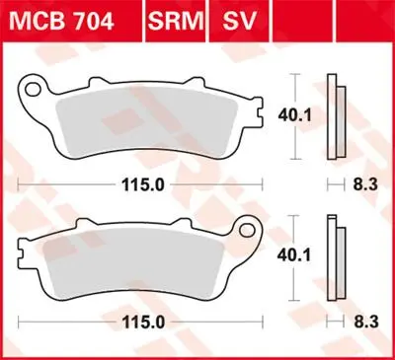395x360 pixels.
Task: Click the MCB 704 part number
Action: [x=61, y=22]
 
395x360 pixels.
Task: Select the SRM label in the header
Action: [x=176, y=22]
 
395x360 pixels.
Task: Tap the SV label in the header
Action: [x=239, y=22]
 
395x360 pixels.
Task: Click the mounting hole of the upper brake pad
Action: [x=32, y=90]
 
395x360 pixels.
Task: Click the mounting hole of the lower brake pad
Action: [x=247, y=231]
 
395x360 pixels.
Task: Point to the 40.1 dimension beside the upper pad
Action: [x=294, y=115]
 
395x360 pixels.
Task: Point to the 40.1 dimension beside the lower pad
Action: [x=294, y=255]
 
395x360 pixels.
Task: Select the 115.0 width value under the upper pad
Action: [x=143, y=185]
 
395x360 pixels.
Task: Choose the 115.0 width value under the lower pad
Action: [x=143, y=323]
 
